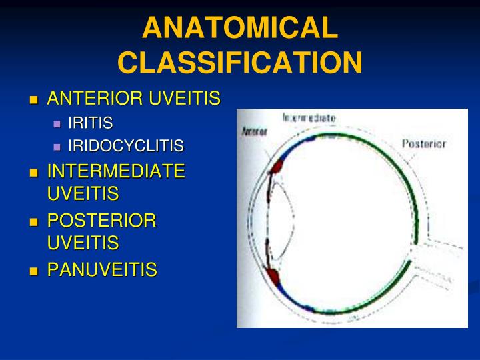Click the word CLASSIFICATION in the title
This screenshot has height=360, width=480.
[x=240, y=63]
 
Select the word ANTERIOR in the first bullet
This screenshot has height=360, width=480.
[x=96, y=99]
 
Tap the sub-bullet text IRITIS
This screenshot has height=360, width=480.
[x=90, y=123]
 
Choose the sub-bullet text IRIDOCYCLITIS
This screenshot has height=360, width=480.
[x=125, y=146]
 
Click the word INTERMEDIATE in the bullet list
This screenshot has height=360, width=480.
[x=116, y=171]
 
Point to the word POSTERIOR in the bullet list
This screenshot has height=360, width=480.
[x=101, y=221]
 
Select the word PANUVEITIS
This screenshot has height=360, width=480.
[x=102, y=270]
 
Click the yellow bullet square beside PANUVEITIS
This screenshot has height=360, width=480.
[x=35, y=271]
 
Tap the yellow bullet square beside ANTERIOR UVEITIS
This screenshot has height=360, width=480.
[x=35, y=100]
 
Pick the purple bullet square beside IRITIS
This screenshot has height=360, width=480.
[x=57, y=123]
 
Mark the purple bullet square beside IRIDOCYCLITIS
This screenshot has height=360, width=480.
[x=57, y=147]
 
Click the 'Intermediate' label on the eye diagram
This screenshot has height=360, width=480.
[x=309, y=118]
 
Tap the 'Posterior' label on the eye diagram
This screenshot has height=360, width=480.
[x=423, y=143]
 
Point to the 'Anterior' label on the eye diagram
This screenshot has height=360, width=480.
[x=254, y=131]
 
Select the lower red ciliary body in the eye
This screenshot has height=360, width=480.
[x=273, y=274]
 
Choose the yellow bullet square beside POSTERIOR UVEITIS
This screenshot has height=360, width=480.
[x=35, y=221]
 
